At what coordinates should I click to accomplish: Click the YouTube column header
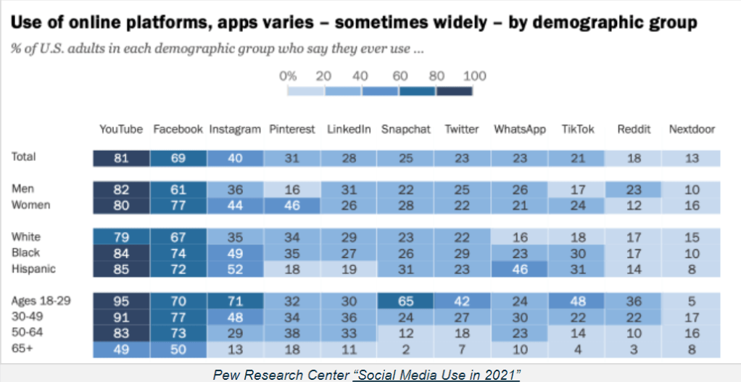(x=121, y=129)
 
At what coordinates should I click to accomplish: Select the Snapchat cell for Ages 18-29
(x=405, y=301)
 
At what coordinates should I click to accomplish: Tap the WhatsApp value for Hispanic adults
(x=519, y=269)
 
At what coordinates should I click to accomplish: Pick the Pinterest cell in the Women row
(x=291, y=205)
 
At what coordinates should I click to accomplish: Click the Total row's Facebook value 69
(x=178, y=158)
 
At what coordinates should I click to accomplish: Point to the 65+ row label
(x=23, y=348)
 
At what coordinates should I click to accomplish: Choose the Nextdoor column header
(x=692, y=129)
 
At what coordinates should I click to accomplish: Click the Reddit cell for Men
(x=633, y=189)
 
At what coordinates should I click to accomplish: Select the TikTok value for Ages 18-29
(x=577, y=301)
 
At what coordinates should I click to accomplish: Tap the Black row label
(x=26, y=253)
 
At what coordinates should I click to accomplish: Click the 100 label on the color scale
(x=474, y=75)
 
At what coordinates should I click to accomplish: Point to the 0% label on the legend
(x=288, y=75)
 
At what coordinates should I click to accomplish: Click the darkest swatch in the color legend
(x=454, y=91)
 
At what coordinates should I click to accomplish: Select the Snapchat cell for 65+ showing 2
(x=405, y=349)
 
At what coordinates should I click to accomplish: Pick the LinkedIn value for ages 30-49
(x=348, y=317)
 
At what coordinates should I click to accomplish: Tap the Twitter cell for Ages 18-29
(x=462, y=301)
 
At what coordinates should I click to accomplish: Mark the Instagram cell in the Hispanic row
(x=235, y=269)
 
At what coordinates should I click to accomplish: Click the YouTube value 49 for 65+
(x=121, y=349)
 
